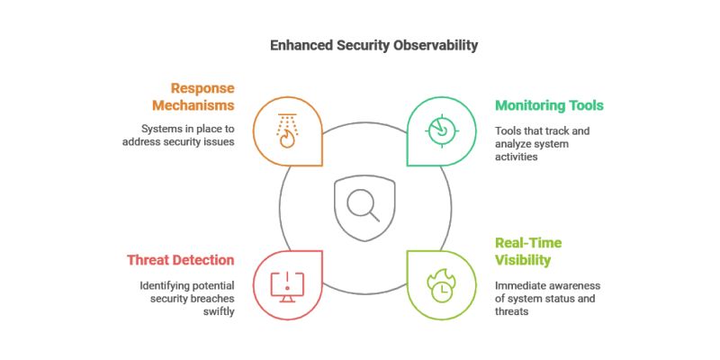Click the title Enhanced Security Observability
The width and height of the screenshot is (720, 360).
[359, 43]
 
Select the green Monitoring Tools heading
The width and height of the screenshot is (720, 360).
[549, 105]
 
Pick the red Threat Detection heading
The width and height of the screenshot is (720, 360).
[181, 260]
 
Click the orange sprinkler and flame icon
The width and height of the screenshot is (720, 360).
[287, 130]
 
